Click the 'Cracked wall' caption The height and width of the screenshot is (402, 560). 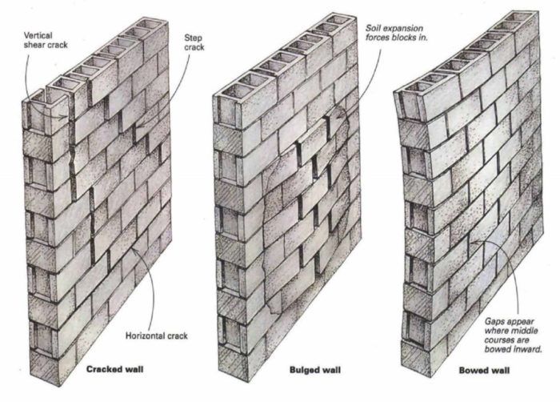pos(114,368)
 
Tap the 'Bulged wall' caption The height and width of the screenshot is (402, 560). pos(315,370)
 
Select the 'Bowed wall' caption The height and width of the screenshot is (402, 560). pos(484,370)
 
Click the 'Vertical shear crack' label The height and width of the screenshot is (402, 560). pos(46,40)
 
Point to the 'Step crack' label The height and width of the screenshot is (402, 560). pos(194,42)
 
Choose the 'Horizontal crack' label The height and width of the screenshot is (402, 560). pos(157,336)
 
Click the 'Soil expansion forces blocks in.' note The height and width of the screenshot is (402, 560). pos(396,33)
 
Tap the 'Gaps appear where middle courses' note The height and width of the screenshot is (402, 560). pos(511,331)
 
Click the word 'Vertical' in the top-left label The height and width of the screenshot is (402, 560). pos(38,35)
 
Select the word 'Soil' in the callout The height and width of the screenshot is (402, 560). pos(372,28)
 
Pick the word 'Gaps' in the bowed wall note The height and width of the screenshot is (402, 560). pos(494,322)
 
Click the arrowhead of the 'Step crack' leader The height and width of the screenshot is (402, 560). pos(138,126)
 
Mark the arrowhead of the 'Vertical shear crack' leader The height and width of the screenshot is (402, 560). pos(66,116)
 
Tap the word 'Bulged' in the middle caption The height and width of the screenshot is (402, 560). pos(303,370)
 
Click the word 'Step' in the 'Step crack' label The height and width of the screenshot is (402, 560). pos(194,38)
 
